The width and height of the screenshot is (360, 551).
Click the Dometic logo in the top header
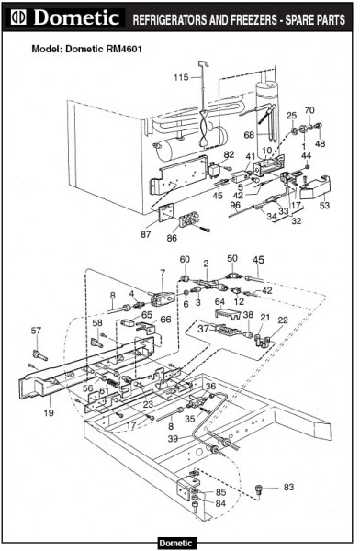click(65, 17)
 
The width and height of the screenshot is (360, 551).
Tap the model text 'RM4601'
click(124, 49)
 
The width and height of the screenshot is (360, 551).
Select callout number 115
click(181, 77)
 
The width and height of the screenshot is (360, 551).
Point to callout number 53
click(324, 205)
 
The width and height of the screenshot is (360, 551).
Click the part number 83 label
click(288, 487)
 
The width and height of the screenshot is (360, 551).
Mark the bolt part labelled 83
click(259, 489)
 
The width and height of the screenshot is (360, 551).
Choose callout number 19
click(49, 412)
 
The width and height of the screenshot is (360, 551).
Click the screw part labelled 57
click(39, 355)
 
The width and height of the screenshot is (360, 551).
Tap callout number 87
click(146, 234)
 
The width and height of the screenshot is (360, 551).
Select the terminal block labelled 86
click(189, 220)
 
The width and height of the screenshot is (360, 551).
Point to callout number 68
click(249, 135)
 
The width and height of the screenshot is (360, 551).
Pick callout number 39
click(173, 439)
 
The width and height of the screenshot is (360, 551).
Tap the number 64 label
click(219, 302)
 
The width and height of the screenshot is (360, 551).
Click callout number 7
click(162, 273)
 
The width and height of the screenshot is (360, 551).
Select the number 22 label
click(283, 320)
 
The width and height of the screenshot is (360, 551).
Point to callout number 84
click(220, 503)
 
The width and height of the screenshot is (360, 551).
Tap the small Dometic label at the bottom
click(175, 544)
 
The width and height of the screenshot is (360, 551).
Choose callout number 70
click(309, 110)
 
